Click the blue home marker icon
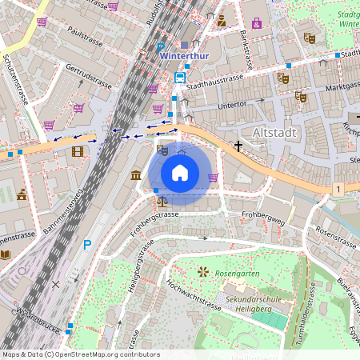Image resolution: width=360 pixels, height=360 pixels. click(x=180, y=172)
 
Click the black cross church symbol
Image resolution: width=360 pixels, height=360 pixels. click(x=238, y=146)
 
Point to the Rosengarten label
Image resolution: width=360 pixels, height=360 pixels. click(x=238, y=273)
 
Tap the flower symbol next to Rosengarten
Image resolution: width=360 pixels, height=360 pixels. click(x=203, y=272)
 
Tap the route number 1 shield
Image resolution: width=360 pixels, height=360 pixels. click(x=339, y=189)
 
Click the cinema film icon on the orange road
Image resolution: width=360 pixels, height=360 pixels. click(x=77, y=150)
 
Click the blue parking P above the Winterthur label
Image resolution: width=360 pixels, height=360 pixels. click(x=161, y=47)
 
